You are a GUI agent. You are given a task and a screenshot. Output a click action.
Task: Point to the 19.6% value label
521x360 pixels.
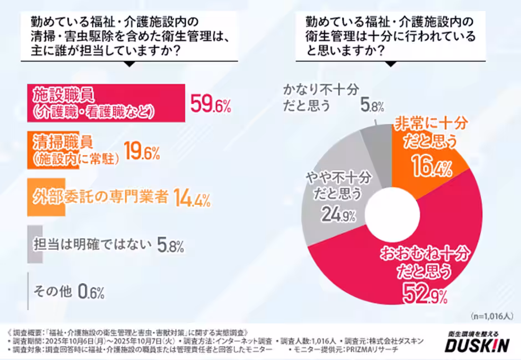(x=141, y=152)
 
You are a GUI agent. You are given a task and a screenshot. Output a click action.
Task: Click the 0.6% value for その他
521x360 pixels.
(x=91, y=291)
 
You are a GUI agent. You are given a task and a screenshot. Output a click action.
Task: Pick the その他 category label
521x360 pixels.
(x=53, y=291)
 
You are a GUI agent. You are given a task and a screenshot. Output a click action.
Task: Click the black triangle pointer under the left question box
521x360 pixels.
(x=130, y=63)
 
